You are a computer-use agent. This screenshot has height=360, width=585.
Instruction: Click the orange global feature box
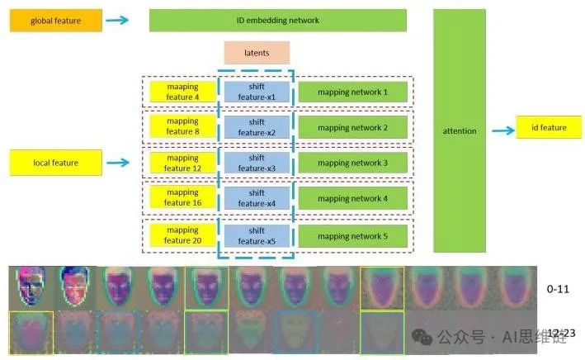[x=55, y=20]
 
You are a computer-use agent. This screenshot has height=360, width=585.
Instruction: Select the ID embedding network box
[x=277, y=20]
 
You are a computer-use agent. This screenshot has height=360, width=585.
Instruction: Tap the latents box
[x=257, y=53]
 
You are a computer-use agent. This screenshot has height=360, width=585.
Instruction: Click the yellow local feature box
[x=55, y=163]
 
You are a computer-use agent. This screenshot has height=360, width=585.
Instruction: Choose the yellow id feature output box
[x=548, y=128]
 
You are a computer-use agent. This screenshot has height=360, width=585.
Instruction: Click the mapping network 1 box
[x=352, y=92]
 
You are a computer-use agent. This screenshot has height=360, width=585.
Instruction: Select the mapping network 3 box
[x=352, y=163]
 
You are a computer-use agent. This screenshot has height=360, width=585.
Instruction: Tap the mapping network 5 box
[x=352, y=234]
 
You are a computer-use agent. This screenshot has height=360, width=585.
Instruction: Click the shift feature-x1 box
[x=257, y=92]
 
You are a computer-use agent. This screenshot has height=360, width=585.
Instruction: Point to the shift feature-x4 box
[x=257, y=198]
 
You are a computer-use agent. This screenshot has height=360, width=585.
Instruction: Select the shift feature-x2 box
[x=257, y=127]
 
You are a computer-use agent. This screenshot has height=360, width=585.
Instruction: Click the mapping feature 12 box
[x=182, y=163]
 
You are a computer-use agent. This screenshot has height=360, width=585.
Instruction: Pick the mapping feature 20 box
[x=182, y=234]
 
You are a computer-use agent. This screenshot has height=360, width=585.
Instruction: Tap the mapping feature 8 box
[x=182, y=127]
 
